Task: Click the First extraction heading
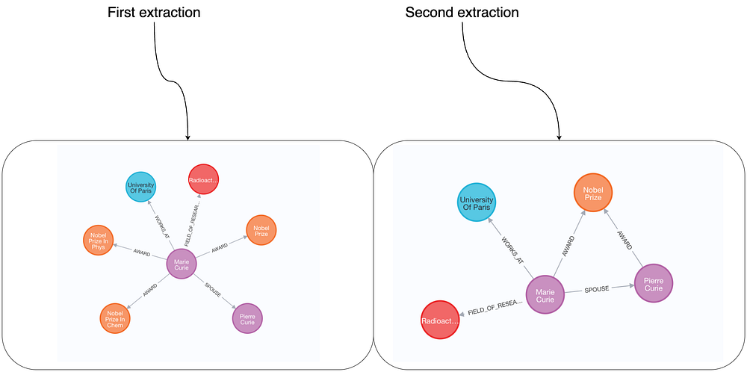point(154,13)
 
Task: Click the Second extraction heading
point(462,13)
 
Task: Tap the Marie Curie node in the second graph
point(545,294)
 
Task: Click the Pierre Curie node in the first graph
point(247,317)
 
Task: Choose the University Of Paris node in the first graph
point(140,187)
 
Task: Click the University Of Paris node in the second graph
point(477,202)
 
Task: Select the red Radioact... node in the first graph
point(204,180)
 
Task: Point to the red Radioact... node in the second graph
point(441,320)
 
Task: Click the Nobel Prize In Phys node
point(99,241)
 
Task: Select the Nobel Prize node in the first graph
point(261,231)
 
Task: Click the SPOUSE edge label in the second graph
point(598,288)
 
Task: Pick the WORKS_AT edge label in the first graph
point(161,227)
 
